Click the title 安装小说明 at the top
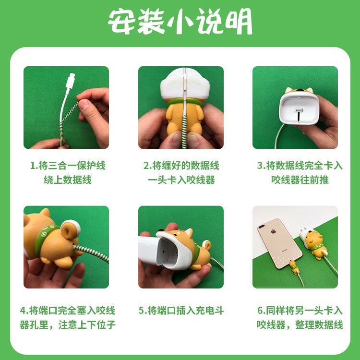pos(180,21)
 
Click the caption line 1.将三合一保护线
pos(68,166)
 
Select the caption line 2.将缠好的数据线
pos(181,166)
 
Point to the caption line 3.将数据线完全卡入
pos(300,166)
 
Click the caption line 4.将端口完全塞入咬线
pos(68,311)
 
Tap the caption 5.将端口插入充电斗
pos(181,311)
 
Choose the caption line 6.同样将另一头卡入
pos(300,311)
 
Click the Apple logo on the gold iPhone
pos(273,231)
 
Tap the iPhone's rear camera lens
pos(262,227)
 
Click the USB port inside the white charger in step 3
pos(299,110)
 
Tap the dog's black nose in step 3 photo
pos(299,90)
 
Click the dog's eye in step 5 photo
pos(176,234)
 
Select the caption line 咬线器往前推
pos(300,180)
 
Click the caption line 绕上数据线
pos(68,180)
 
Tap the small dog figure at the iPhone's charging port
pos(293,267)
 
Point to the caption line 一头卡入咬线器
pos(181,180)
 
